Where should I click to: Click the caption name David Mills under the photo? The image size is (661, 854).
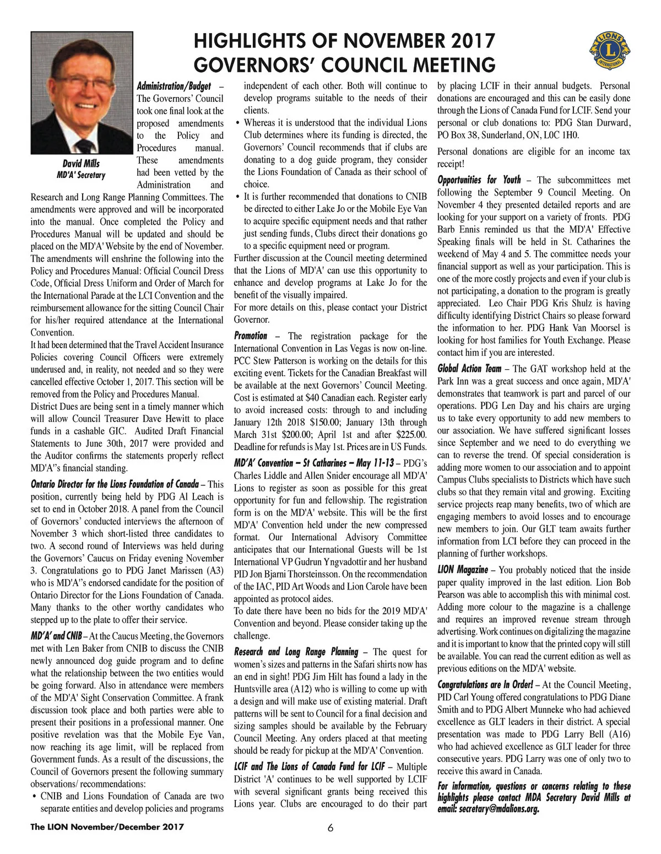click(x=81, y=164)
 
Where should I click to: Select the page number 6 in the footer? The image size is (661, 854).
click(x=330, y=828)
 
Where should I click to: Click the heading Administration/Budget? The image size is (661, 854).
click(x=174, y=87)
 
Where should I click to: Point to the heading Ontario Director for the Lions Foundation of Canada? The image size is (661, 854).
click(x=115, y=484)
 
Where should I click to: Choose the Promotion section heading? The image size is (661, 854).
click(x=251, y=336)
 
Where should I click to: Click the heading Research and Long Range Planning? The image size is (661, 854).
click(x=296, y=652)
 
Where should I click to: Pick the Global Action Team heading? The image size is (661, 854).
click(x=469, y=369)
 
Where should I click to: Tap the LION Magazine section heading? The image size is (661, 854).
click(x=463, y=570)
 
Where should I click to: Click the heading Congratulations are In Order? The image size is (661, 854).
click(x=485, y=685)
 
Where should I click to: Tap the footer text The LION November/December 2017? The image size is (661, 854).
click(x=107, y=827)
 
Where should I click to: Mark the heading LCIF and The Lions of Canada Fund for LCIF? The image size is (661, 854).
click(x=309, y=767)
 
